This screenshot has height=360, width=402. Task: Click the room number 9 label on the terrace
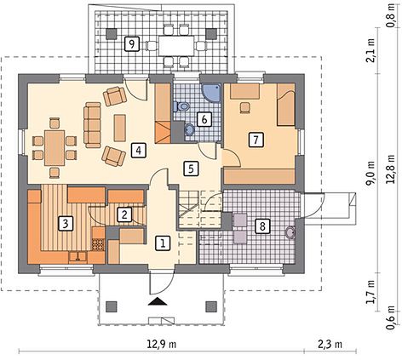pyautogui.click(x=131, y=44)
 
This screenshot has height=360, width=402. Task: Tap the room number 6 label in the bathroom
pyautogui.click(x=204, y=119)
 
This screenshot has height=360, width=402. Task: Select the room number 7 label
pyautogui.click(x=256, y=140)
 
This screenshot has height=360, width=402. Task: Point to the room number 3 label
pyautogui.click(x=66, y=224)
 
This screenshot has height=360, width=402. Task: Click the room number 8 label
pyautogui.click(x=262, y=226)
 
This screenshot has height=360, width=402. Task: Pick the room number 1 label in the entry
pyautogui.click(x=163, y=243)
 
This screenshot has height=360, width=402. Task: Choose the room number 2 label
pyautogui.click(x=124, y=214)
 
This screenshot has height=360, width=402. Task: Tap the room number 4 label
pyautogui.click(x=139, y=151)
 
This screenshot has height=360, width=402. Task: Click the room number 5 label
pyautogui.click(x=191, y=169)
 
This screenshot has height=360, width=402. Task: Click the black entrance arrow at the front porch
pyautogui.click(x=157, y=301)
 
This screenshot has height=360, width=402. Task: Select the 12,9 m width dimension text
pyautogui.click(x=162, y=344)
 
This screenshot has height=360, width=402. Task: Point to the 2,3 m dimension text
pyautogui.click(x=330, y=344)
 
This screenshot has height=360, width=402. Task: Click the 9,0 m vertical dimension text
pyautogui.click(x=370, y=174)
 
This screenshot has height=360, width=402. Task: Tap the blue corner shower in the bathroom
pyautogui.click(x=210, y=92)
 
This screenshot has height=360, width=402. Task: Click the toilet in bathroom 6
pyautogui.click(x=181, y=106)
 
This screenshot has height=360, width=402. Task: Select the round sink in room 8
pyautogui.click(x=290, y=232)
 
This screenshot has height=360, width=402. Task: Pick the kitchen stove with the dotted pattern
pyautogui.click(x=98, y=244)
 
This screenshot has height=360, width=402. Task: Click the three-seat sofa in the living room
pyautogui.click(x=92, y=125)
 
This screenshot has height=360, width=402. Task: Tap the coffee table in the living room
pyautogui.click(x=120, y=128)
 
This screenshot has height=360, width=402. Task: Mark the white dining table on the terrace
pyautogui.click(x=176, y=45)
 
